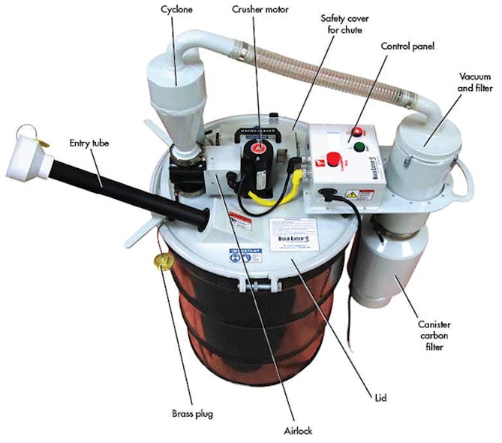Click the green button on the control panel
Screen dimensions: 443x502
click(360, 146)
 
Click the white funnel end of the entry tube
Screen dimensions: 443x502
click(33, 149)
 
